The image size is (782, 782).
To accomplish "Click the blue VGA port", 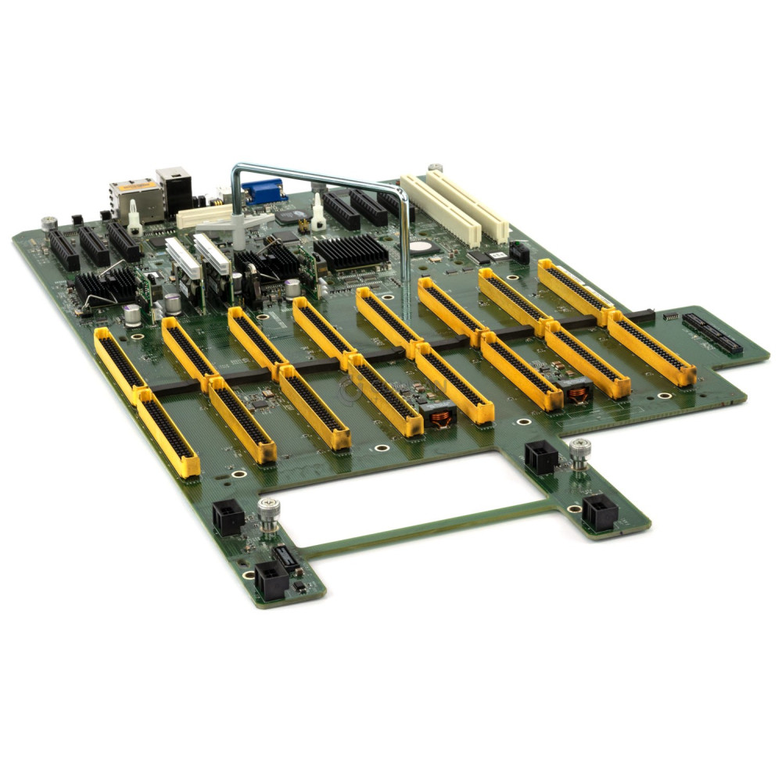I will pyautogui.click(x=263, y=192).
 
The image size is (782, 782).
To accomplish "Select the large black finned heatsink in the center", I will pyautogui.click(x=350, y=253).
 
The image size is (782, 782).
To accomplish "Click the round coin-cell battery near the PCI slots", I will pyautogui.click(x=423, y=246).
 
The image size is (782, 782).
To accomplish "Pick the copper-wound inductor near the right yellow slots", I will pyautogui.click(x=578, y=391).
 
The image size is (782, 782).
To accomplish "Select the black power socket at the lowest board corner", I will pyautogui.click(x=271, y=581).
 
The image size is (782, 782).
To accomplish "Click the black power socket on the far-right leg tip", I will pyautogui.click(x=600, y=513).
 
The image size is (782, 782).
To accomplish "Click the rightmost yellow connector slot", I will pyautogui.click(x=651, y=348).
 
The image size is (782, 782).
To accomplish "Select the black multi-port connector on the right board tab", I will pyautogui.click(x=712, y=332).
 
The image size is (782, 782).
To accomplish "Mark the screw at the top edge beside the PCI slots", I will pyautogui.click(x=435, y=168).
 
